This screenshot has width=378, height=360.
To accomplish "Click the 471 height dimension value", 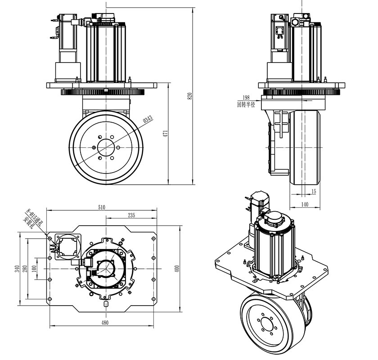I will pos(166,133).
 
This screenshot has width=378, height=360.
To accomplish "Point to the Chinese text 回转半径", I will pos(246,104).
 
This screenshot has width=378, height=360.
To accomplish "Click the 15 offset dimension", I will pos(314,192).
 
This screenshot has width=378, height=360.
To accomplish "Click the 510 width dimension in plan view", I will pos(101,207).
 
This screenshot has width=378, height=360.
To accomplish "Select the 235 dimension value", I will pos(131,215).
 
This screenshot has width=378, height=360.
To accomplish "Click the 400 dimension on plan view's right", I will pos(177,268).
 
